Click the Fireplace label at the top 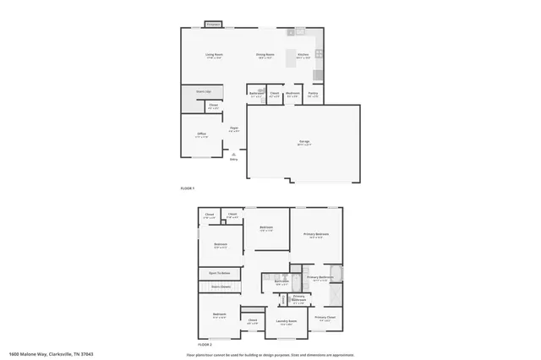pos(214,25)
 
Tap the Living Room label pos(214,55)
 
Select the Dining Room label pos(265,55)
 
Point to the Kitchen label pos(303,55)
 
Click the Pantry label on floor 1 pos(313,95)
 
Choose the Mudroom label pos(292,95)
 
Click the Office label pos(202,134)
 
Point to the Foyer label pos(234,129)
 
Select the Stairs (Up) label pos(204,90)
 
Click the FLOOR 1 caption pos(188,188)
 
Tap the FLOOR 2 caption pos(205,345)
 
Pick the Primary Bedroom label pos(317,233)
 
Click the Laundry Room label pos(287,321)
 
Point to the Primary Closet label pos(325,318)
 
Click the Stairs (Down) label pos(221,287)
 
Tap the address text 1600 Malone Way pos(50,354)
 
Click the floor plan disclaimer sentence pos(270,354)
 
